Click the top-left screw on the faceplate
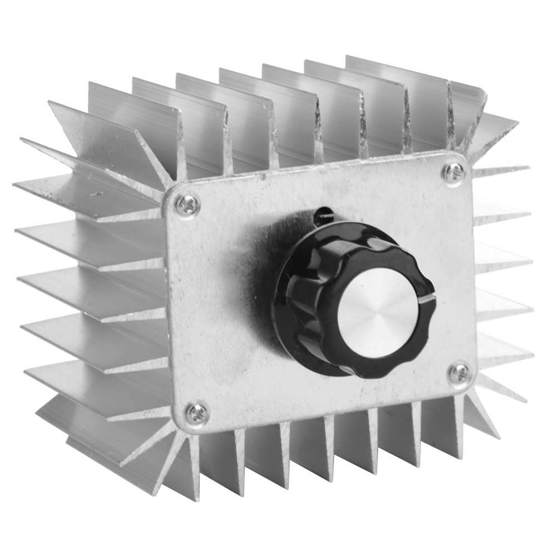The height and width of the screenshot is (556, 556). point(187,205)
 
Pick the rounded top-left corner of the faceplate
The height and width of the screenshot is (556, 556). point(167,192)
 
